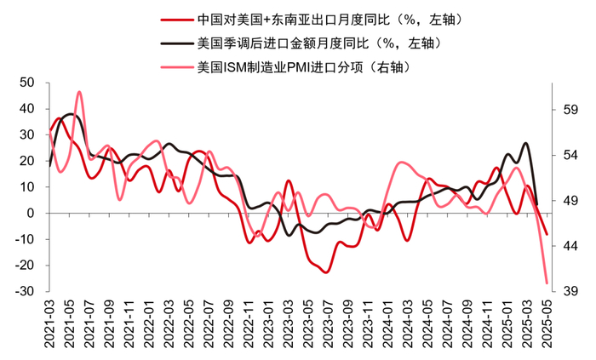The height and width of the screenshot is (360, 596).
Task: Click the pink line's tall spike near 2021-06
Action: pyautogui.click(x=79, y=92)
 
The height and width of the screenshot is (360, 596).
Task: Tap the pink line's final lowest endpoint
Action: pyautogui.click(x=547, y=283)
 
